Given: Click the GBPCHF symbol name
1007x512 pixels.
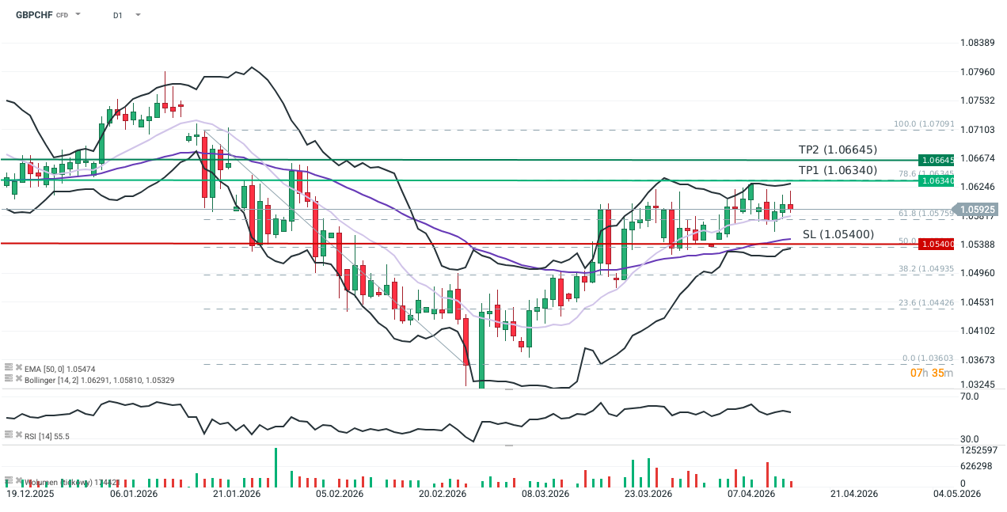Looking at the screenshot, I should [x=29, y=14].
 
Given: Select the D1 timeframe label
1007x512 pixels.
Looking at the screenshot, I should [x=118, y=15].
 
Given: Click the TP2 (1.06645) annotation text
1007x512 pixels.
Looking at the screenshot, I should [x=838, y=150].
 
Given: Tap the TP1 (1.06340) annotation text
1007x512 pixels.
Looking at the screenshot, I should [x=838, y=170].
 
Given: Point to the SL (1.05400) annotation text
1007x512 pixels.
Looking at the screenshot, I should [x=838, y=234].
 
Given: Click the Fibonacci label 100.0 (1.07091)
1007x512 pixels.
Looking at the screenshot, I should [x=922, y=124].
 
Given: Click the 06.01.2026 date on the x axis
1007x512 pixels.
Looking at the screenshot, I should [x=134, y=494].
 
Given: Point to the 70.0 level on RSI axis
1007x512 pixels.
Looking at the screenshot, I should [x=969, y=396].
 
